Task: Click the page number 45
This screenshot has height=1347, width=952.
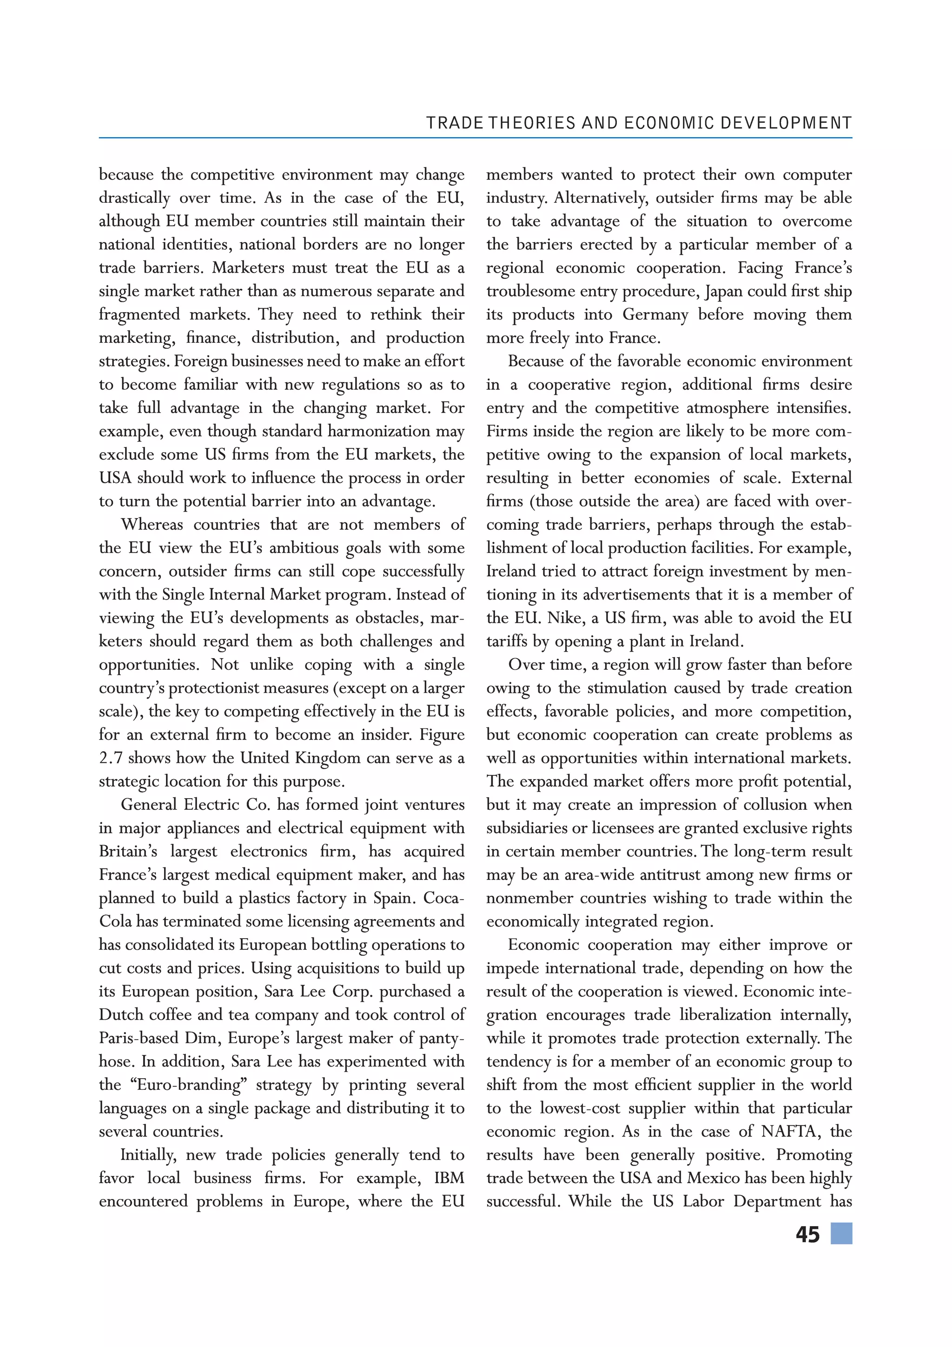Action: [807, 1234]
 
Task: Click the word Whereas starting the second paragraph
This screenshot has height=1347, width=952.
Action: [152, 525]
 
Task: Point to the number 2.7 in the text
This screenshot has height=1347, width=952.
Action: [111, 758]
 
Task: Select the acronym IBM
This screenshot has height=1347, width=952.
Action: [449, 1178]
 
